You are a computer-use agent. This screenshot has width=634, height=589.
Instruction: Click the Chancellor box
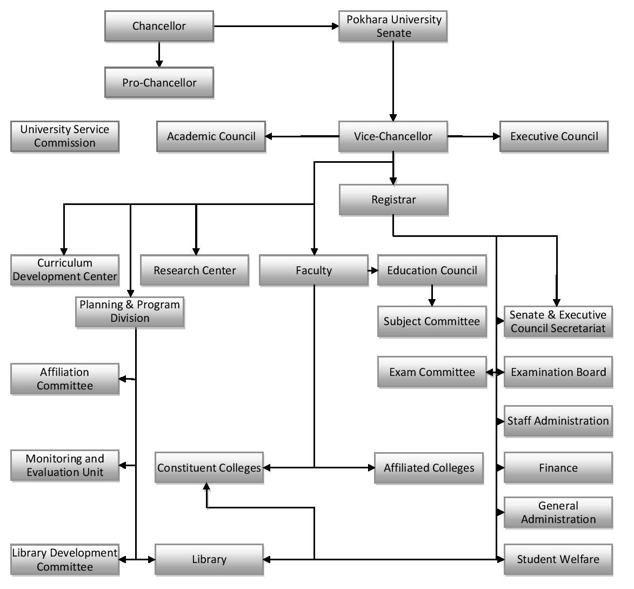[159, 26]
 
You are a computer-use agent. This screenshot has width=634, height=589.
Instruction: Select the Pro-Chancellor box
[159, 83]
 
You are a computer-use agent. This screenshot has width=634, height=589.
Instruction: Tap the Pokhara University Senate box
[393, 27]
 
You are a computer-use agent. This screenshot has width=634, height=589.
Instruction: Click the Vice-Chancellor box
[393, 136]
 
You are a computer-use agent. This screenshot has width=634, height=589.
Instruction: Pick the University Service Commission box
[65, 136]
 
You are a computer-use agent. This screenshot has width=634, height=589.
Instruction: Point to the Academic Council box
[211, 136]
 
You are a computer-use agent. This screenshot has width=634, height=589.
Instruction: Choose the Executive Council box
[554, 136]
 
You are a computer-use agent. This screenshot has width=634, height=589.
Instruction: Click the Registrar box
[393, 200]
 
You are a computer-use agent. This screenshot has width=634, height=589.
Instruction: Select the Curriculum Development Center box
[65, 270]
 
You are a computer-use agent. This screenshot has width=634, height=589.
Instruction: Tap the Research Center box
[195, 270]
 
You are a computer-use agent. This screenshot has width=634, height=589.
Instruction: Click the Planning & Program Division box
[130, 312]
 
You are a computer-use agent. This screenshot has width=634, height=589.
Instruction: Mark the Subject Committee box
[432, 321]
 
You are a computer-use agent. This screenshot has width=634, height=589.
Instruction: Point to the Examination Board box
[558, 372]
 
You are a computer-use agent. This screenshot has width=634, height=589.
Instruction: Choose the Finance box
[558, 468]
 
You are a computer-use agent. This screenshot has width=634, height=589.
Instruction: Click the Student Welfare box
[558, 559]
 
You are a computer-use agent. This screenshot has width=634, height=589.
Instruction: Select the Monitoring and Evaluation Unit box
[65, 465]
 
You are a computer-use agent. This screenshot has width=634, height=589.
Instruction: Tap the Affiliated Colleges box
[429, 468]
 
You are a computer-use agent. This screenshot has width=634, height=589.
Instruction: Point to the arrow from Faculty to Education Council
[372, 270]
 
